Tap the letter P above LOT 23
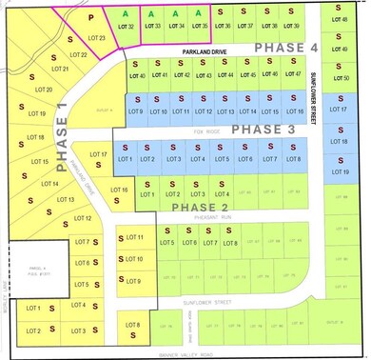[x=90, y=18]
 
